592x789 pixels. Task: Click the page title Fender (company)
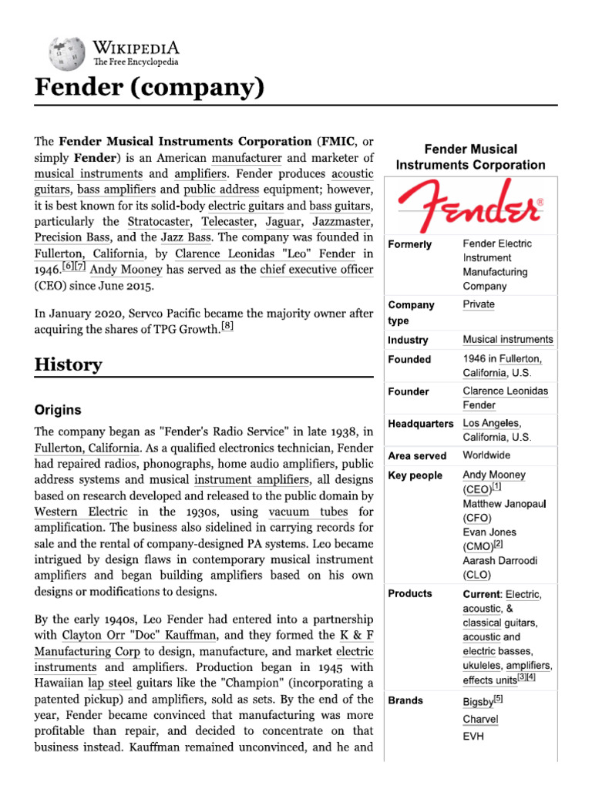pos(149,89)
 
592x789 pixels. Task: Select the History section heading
pos(68,364)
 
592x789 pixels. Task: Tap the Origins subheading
pos(58,410)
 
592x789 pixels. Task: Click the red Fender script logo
pos(470,206)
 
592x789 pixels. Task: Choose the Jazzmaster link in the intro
pos(339,223)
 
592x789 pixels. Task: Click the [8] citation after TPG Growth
pos(227,326)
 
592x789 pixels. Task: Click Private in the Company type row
pos(479,304)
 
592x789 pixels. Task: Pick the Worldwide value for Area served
pos(486,455)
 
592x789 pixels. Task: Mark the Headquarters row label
pos(420,424)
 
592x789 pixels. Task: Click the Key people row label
pos(415,475)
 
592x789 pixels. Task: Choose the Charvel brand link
pos(480,720)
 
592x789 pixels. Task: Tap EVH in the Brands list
pos(473,737)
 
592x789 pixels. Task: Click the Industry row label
pos(408,340)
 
